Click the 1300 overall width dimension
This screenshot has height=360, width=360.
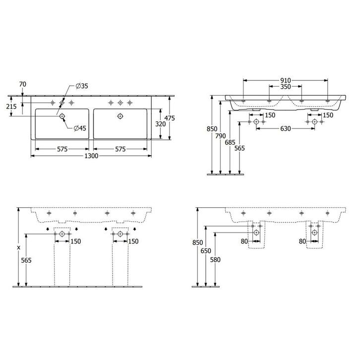click(91, 156)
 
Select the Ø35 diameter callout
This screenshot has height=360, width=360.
click(82, 86)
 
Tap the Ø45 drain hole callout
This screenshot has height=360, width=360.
click(80, 128)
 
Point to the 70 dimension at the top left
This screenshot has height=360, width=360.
click(22, 85)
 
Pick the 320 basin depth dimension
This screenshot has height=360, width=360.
click(160, 124)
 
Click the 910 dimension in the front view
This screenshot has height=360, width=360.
click(285, 80)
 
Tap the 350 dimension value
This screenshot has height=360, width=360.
click(285, 86)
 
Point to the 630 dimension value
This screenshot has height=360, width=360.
click(285, 128)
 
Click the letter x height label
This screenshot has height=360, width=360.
click(19, 246)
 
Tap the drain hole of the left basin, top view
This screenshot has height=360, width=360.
click(62, 117)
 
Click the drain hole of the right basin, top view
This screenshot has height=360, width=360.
click(120, 117)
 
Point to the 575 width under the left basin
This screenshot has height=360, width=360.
click(62, 149)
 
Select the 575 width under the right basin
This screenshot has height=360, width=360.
click(120, 149)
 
